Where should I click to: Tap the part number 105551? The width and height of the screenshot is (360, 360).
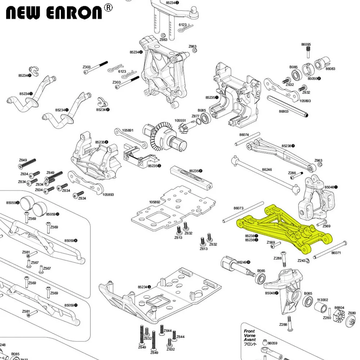point(180,121)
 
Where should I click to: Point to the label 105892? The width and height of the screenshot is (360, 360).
point(154,202)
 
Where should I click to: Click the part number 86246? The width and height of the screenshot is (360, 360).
point(267,169)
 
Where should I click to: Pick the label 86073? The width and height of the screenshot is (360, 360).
point(239,208)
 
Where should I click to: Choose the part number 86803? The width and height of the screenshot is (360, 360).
point(284,112)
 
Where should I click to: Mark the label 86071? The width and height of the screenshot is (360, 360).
point(336,253)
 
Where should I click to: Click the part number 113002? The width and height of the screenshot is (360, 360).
point(322,300)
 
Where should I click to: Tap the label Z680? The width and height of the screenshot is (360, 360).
point(352,313)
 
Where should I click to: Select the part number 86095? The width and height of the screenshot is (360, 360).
point(306,45)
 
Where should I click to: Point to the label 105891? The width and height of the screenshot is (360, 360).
point(128,130)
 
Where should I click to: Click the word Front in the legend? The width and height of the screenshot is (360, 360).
point(249,331)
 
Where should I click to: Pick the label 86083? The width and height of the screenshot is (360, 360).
point(330,68)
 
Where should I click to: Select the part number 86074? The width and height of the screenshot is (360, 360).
point(244,135)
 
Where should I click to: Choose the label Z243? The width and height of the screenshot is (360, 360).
point(302,261)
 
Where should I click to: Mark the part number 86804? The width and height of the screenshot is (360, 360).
point(339,308)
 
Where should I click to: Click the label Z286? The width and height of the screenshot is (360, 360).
point(292,173)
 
